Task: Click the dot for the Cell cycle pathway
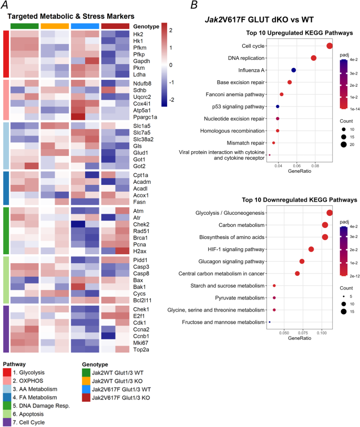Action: click(x=330, y=46)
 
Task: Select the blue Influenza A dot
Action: click(x=293, y=70)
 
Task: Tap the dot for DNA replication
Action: click(x=313, y=58)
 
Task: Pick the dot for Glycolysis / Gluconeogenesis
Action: click(x=330, y=213)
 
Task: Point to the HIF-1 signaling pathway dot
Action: click(x=311, y=249)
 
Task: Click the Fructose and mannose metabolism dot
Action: click(x=270, y=322)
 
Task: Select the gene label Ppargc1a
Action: click(x=145, y=117)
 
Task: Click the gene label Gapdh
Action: click(x=141, y=61)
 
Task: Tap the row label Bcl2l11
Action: click(x=142, y=300)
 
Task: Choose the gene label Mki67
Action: click(x=141, y=343)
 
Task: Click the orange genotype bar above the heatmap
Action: click(x=55, y=26)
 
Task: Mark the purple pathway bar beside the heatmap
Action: click(x=6, y=329)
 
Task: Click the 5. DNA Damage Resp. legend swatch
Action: click(x=7, y=406)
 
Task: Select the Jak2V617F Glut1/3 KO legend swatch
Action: click(x=86, y=398)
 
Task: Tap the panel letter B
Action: click(x=194, y=5)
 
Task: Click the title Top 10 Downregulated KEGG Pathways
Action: click(x=300, y=200)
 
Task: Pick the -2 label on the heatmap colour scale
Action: click(x=171, y=100)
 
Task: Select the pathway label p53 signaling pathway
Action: click(x=238, y=107)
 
